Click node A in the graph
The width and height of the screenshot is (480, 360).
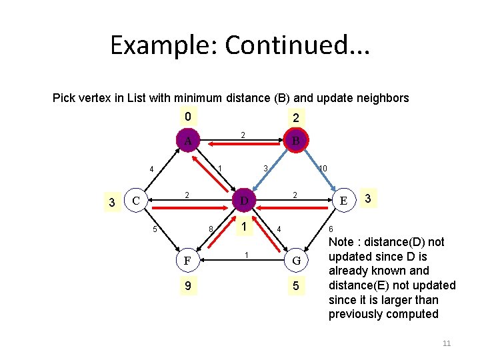[x=188, y=141]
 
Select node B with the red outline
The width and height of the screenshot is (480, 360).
[x=295, y=141]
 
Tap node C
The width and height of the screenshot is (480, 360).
[x=136, y=200]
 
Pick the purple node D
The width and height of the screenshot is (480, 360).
[x=244, y=201]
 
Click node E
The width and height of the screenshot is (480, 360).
[x=343, y=200]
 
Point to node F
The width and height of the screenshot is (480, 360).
[x=188, y=260]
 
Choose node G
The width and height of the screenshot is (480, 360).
[x=295, y=260]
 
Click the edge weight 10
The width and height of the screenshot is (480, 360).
[x=322, y=169]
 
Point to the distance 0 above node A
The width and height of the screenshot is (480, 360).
[x=188, y=117]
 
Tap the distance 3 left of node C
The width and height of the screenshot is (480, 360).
[x=112, y=202]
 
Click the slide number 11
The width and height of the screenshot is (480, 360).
[x=447, y=343]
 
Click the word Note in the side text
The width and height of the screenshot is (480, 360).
[x=342, y=242]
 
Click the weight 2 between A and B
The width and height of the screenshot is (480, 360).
[x=243, y=135]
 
